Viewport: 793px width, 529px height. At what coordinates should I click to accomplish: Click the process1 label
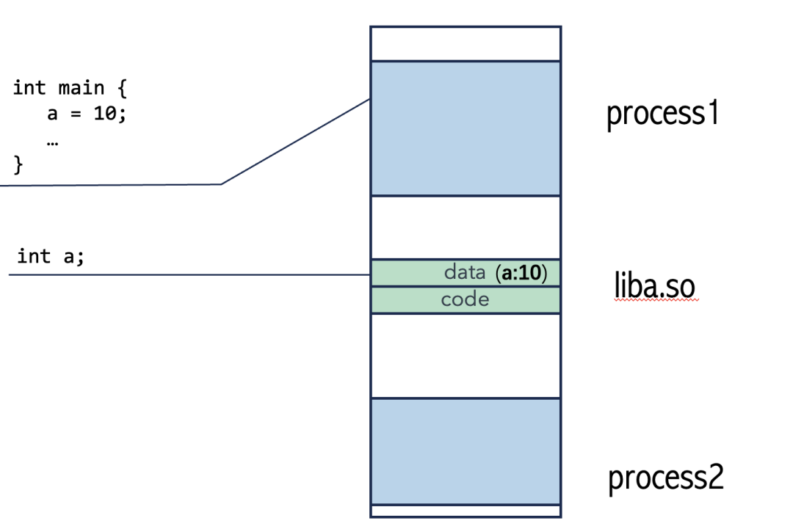662,115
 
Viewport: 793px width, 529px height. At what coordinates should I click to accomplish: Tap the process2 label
666,478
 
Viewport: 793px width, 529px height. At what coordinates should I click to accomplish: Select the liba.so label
654,287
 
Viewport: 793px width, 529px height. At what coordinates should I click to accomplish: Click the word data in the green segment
465,273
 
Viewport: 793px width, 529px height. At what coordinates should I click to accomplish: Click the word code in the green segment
465,300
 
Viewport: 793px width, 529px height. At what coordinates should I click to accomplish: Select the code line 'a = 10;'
87,115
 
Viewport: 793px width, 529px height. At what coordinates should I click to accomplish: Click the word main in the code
81,89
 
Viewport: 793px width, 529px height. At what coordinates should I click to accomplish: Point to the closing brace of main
19,165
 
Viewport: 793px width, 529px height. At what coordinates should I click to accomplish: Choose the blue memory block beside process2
466,450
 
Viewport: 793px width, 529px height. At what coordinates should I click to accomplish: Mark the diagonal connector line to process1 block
294,142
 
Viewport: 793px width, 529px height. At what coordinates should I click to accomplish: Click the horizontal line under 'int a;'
184,275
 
